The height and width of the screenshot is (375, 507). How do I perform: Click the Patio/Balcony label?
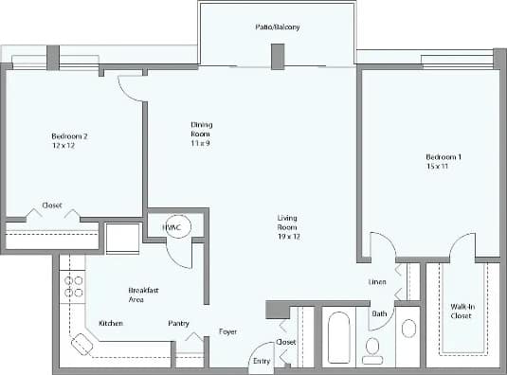277,27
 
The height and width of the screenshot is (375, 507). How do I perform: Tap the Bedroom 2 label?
69,136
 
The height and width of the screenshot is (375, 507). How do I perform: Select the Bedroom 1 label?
444,156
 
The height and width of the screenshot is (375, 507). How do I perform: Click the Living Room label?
287,223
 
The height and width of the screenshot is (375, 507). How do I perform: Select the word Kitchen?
111,324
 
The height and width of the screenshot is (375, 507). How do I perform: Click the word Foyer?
227,331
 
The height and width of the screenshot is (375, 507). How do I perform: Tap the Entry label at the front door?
260,360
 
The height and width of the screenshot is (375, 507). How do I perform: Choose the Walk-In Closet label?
462,312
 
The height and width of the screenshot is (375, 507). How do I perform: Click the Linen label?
376,282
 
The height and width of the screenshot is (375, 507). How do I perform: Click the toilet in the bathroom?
372,348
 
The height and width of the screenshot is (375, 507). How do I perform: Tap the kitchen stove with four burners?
71,287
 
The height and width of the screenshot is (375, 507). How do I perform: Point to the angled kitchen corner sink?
82,345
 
